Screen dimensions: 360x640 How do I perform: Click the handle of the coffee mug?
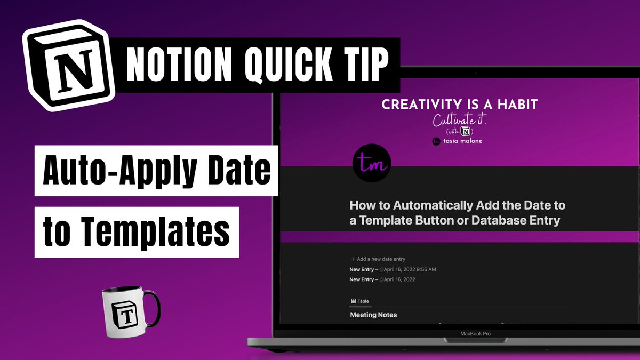(x=151, y=310)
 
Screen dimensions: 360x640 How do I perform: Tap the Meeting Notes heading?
(x=373, y=315)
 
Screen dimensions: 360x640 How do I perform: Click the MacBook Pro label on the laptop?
(x=475, y=334)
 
